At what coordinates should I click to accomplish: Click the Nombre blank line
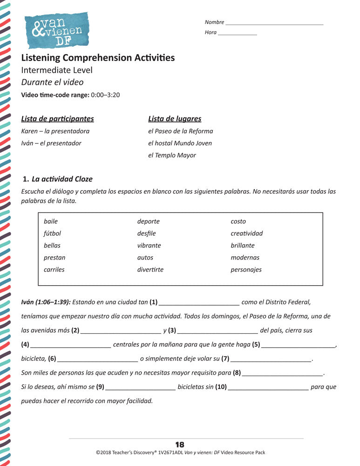coord(274,23)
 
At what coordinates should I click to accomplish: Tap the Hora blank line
coord(237,34)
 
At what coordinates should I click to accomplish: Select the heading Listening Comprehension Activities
coord(98,58)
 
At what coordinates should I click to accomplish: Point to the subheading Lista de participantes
coord(57,119)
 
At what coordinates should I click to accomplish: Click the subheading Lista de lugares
coord(175,119)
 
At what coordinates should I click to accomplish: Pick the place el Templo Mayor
coord(172,155)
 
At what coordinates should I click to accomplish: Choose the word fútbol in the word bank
coord(52,233)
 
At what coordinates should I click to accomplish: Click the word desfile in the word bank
coord(146,233)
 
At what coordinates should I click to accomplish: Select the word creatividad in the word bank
coord(246,233)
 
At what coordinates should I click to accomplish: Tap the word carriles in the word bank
coord(54,270)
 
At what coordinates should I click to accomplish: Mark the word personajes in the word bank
coord(246,270)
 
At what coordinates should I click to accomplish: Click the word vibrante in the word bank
coord(149,246)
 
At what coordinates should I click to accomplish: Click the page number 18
coord(180,445)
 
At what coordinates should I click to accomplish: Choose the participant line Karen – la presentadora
coord(55,131)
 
